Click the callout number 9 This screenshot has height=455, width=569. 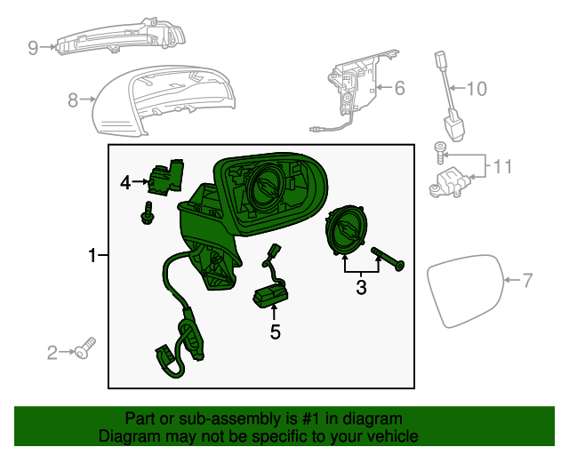click(33, 48)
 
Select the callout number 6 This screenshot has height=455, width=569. click(399, 88)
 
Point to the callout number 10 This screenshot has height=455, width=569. click(477, 88)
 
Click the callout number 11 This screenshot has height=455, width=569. click(503, 166)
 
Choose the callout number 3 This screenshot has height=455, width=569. click(362, 286)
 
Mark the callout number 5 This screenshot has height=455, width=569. click(275, 331)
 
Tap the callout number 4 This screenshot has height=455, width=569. click(126, 182)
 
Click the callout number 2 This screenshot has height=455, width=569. click(52, 354)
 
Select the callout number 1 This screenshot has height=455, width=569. click(92, 256)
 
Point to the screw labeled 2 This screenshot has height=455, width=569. click(84, 352)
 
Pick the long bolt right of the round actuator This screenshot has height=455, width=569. click(385, 259)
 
